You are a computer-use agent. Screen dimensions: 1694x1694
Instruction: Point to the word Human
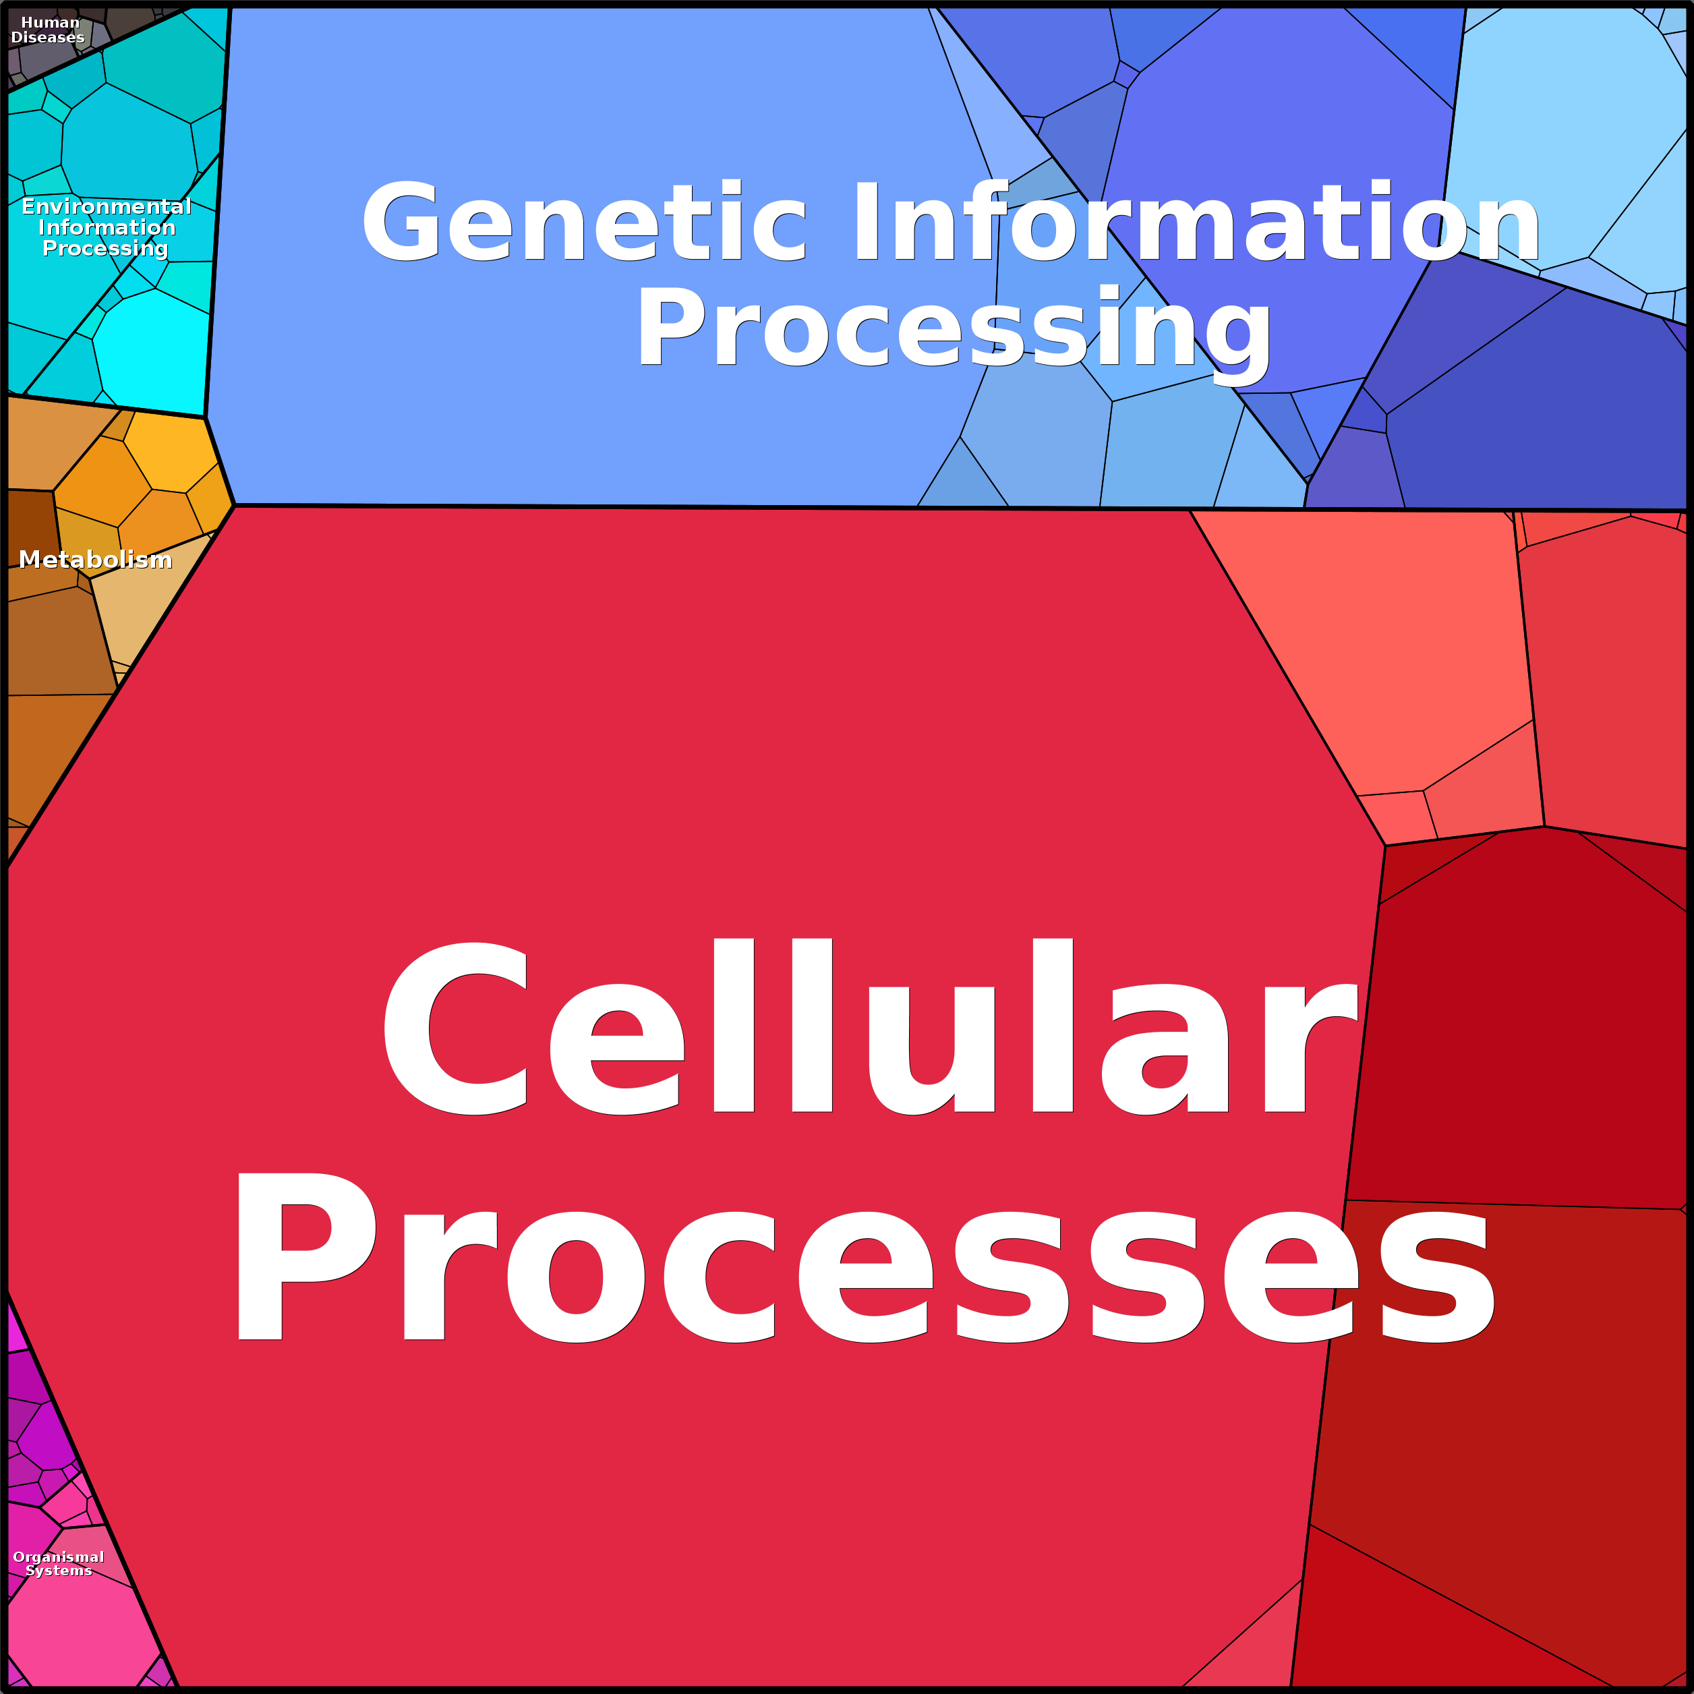50,23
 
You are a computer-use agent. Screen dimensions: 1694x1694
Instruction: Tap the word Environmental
106,207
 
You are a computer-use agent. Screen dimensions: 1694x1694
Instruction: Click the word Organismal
59,1557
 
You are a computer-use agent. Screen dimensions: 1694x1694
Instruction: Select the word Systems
59,1571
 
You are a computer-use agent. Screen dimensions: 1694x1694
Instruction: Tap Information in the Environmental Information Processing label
106,228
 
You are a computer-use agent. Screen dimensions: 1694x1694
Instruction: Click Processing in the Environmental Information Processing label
105,249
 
